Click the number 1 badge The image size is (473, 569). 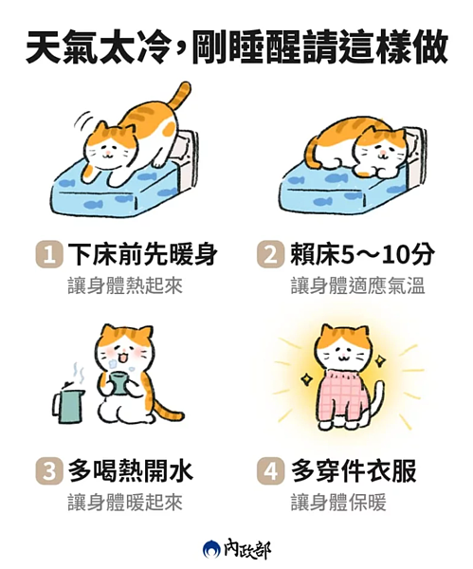tap(47, 254)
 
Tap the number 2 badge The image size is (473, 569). tap(269, 254)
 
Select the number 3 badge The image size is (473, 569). tap(48, 471)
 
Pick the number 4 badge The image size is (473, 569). tap(270, 471)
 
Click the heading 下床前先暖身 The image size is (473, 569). tap(142, 254)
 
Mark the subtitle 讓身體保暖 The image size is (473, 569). tap(338, 503)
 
